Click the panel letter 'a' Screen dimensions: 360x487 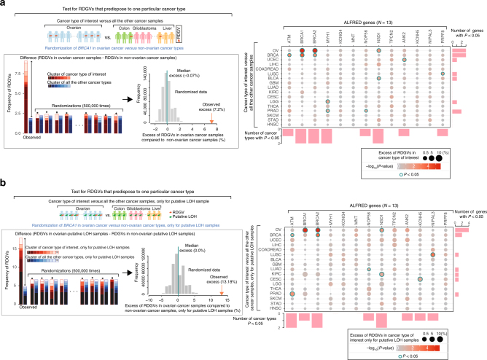4,4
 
